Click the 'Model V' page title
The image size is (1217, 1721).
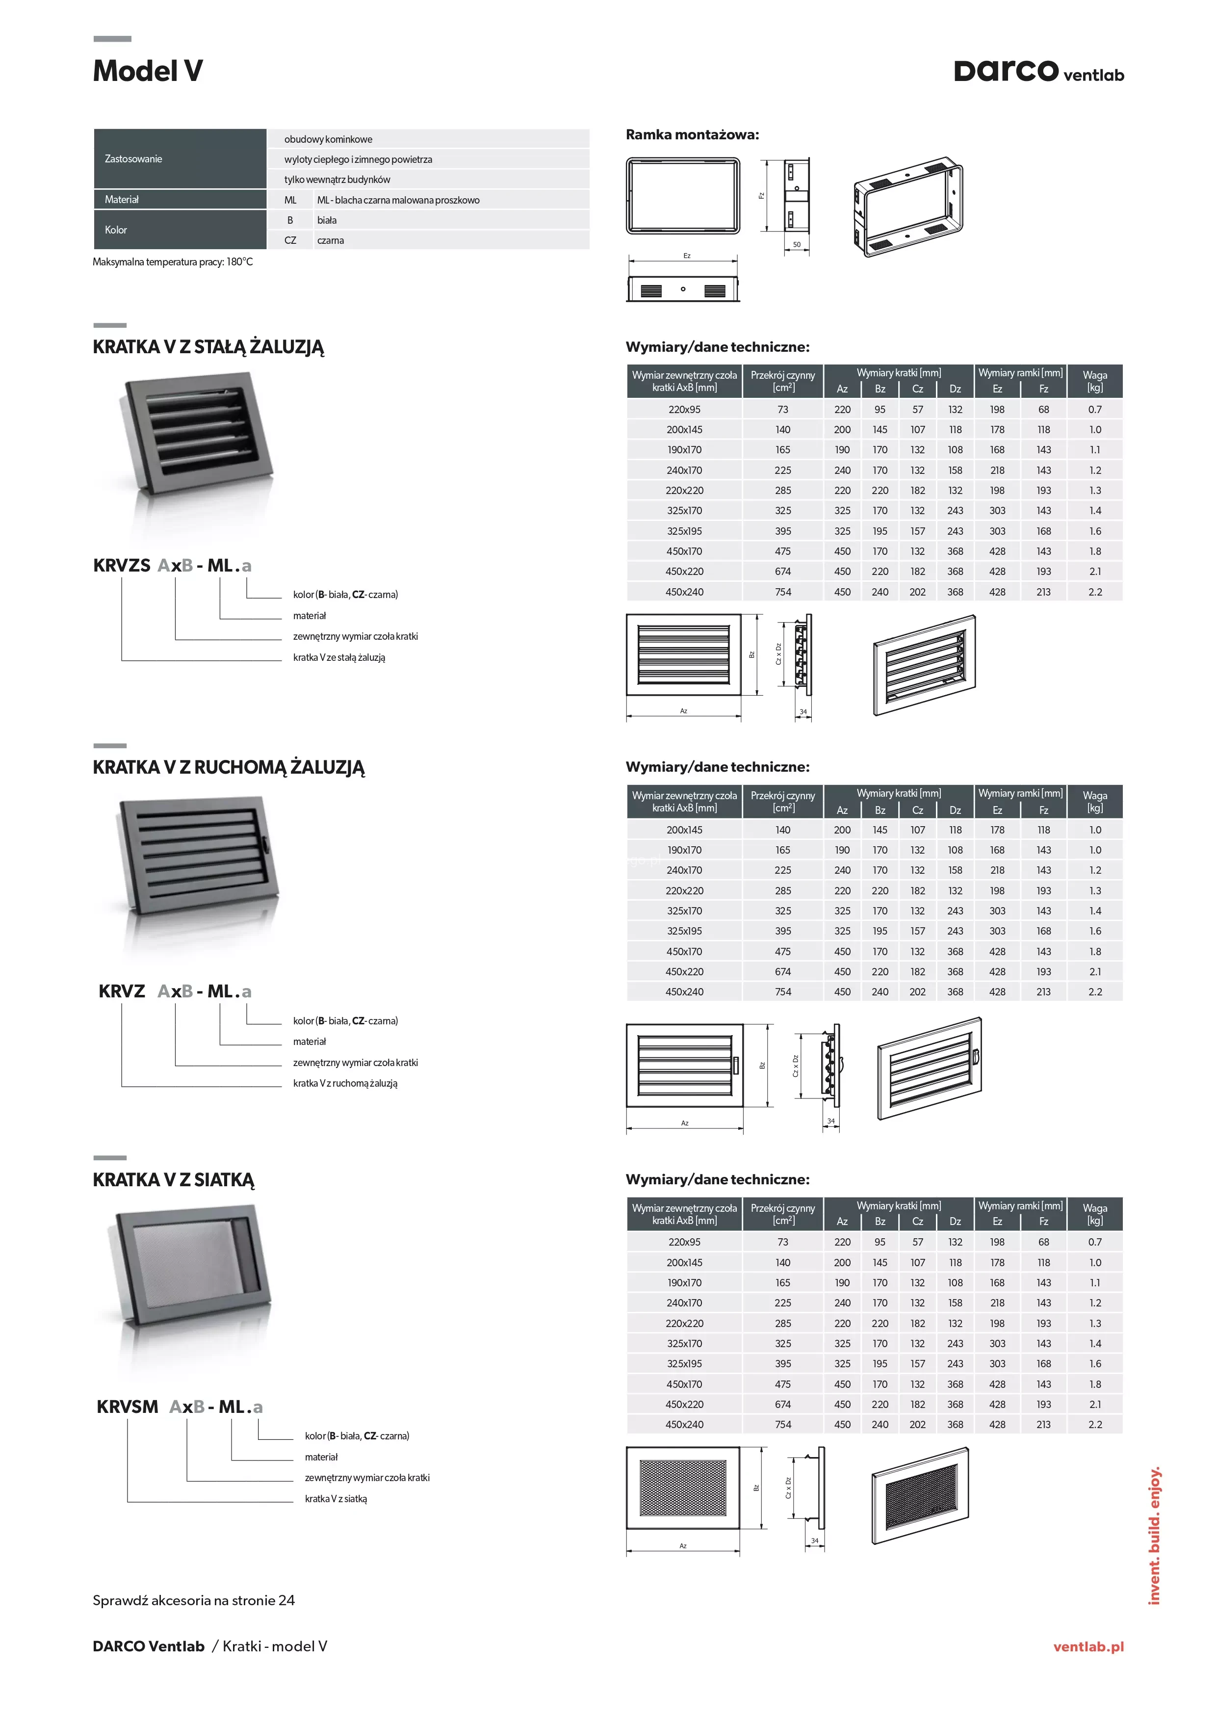[148, 71]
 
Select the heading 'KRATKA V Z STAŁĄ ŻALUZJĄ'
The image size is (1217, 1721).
[208, 347]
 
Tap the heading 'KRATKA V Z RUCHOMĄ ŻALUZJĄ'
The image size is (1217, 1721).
[229, 768]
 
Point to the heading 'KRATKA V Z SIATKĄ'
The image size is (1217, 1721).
[174, 1180]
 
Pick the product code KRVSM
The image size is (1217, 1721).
[128, 1407]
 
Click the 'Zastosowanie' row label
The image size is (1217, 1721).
[133, 159]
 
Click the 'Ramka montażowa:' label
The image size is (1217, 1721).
[693, 135]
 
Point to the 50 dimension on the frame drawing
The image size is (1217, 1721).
[797, 244]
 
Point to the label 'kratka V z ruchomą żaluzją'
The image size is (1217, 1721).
[345, 1083]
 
